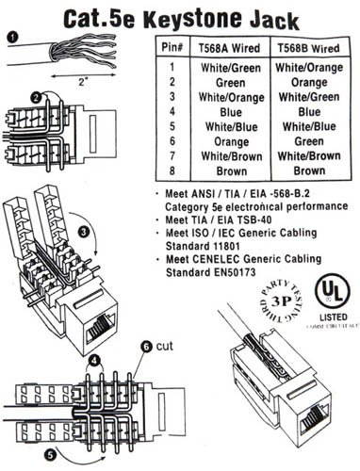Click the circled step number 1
click(10, 38)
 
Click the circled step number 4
click(94, 360)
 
